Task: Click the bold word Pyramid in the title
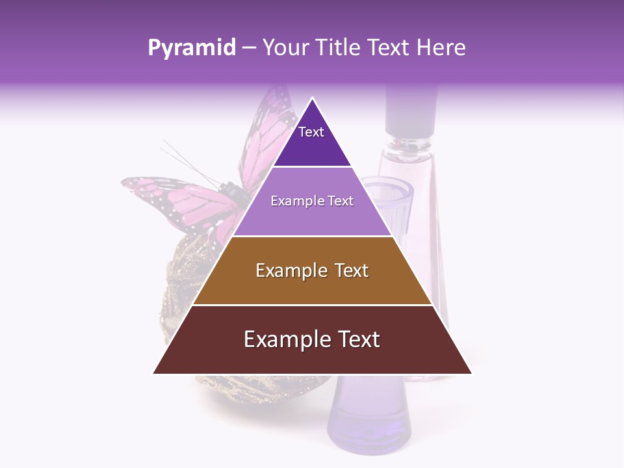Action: tap(191, 48)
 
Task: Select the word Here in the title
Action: tap(441, 48)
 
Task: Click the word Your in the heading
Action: tap(287, 48)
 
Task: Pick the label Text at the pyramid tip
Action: tap(311, 132)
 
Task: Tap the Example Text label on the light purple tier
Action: tap(312, 201)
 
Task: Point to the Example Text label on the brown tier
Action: tap(312, 270)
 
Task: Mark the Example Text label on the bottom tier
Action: tap(312, 339)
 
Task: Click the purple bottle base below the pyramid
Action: tap(369, 416)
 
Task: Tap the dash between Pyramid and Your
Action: tap(248, 48)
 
